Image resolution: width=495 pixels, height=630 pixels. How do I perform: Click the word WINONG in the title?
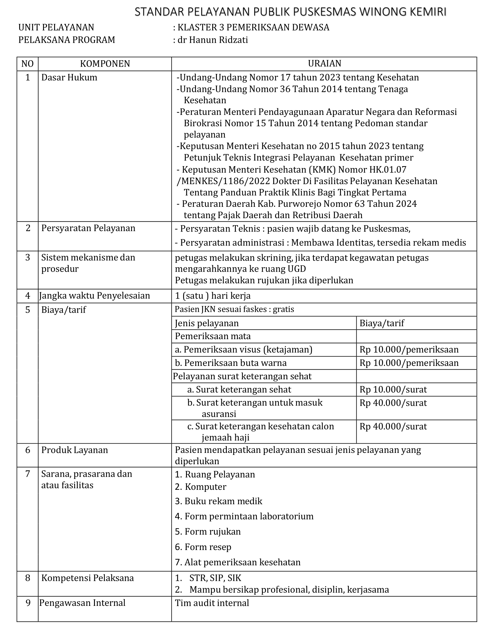(x=379, y=12)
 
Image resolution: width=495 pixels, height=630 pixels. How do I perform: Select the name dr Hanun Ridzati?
(x=213, y=40)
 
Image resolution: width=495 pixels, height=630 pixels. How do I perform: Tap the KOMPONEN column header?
(x=105, y=64)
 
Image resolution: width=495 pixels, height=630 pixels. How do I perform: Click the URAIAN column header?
(x=324, y=63)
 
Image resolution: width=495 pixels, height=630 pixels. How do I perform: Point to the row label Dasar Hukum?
(x=69, y=78)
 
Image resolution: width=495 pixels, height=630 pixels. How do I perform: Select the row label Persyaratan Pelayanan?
(x=88, y=228)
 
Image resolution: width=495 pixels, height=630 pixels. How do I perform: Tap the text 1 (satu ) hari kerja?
(x=213, y=296)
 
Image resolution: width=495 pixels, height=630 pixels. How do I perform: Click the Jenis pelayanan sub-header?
(x=207, y=323)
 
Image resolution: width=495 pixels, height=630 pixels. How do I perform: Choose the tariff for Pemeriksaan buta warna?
(x=409, y=363)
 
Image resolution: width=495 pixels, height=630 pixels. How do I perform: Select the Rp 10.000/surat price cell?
(x=393, y=389)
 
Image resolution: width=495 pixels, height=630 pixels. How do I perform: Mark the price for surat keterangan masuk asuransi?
(x=393, y=403)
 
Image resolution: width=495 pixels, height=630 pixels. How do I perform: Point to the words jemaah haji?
(x=225, y=437)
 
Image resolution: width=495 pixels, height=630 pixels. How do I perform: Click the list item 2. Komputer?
(x=201, y=487)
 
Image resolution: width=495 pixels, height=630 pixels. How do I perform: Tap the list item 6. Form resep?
(x=203, y=547)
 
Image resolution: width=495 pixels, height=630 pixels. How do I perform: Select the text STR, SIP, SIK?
(x=215, y=578)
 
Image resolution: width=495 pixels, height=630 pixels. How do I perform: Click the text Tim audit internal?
(x=212, y=603)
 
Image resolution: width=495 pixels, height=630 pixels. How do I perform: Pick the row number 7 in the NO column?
(x=28, y=474)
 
